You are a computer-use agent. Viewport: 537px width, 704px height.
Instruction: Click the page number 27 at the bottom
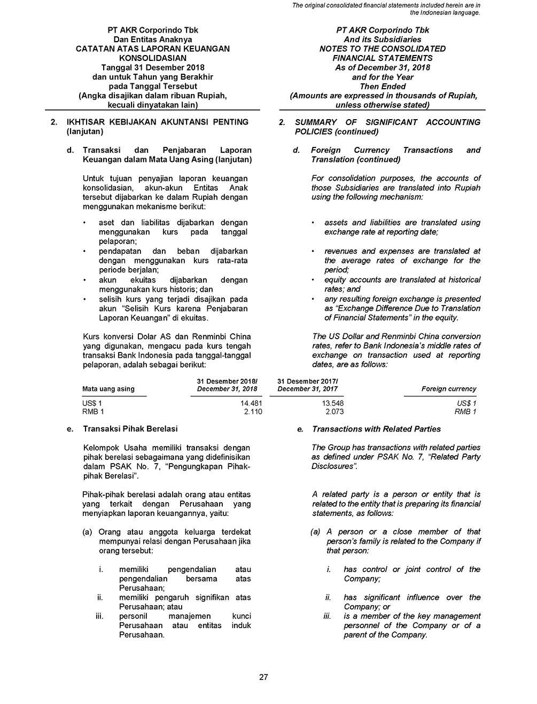coord(263,677)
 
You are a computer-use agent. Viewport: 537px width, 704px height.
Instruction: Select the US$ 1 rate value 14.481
coord(251,403)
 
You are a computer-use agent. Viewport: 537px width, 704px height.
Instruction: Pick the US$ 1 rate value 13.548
coord(333,403)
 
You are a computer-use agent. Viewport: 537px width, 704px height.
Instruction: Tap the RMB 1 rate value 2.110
coord(253,412)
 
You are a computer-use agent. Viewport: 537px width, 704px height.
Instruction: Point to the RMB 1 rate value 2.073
coord(334,412)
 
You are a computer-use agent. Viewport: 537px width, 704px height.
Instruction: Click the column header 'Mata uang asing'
coord(108,389)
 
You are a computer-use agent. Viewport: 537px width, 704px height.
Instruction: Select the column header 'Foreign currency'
coord(448,389)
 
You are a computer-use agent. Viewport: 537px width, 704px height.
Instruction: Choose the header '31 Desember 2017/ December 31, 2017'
coord(308,385)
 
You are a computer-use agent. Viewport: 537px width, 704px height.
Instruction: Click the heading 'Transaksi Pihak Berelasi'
coord(130,429)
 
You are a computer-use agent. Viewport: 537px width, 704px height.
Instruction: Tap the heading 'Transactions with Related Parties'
coord(376,429)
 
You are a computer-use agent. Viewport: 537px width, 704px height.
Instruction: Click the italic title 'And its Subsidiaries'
coord(382,40)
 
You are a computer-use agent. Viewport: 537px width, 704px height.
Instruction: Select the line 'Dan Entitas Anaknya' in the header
coord(153,40)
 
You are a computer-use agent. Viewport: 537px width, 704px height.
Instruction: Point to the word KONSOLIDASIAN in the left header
coord(153,58)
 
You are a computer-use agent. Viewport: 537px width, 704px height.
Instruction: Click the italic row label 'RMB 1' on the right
coord(465,412)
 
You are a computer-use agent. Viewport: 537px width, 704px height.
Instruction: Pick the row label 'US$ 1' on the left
coord(92,403)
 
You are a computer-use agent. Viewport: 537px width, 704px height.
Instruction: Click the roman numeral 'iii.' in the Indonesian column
coord(99,616)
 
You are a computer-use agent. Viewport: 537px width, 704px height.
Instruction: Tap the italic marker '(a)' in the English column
coord(315,532)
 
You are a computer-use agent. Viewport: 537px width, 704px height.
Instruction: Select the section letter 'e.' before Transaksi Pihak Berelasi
coord(69,429)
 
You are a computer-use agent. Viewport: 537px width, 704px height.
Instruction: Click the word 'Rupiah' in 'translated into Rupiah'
coord(468,187)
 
